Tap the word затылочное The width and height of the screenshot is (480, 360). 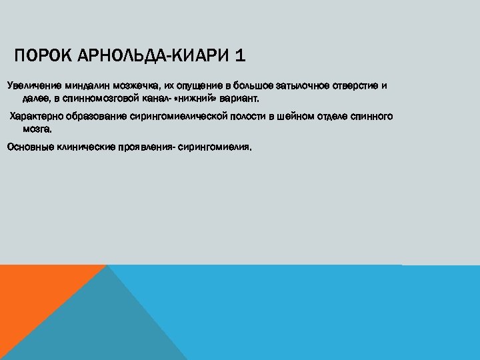coord(304,86)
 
